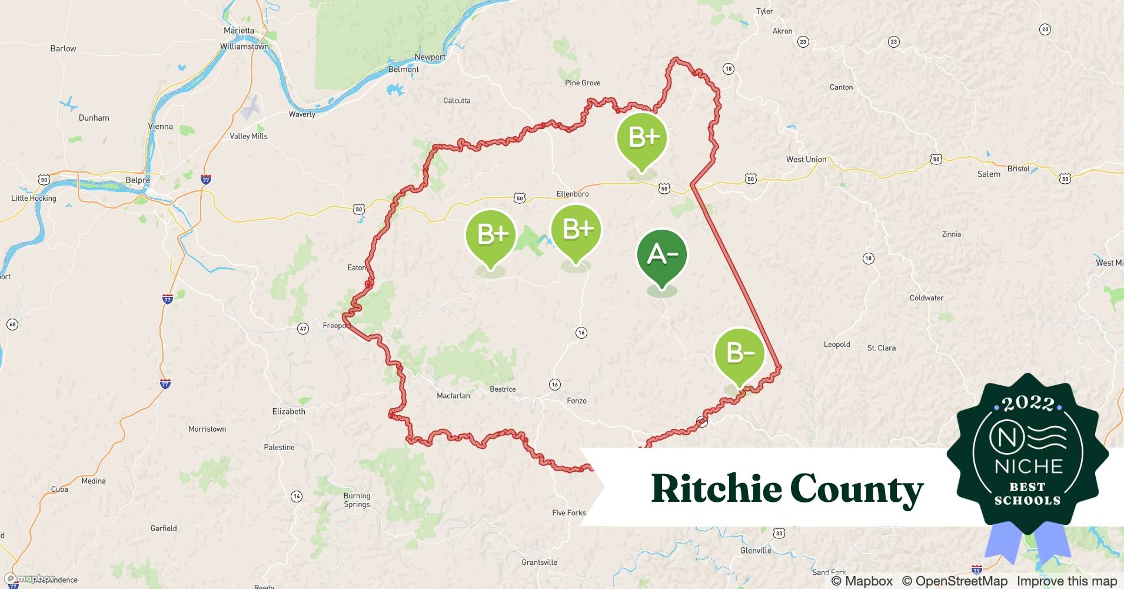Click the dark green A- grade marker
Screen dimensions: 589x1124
tap(662, 255)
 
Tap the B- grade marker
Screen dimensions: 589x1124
tap(739, 353)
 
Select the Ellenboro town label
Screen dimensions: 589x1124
tap(573, 194)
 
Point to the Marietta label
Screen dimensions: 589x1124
tap(239, 31)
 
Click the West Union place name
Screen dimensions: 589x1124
tap(806, 160)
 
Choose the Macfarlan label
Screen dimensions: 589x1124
tap(453, 396)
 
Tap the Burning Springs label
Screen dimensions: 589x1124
tap(357, 500)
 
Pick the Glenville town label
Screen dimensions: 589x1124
tap(756, 551)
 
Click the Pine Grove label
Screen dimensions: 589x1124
tap(583, 83)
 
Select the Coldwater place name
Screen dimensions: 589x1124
tap(926, 298)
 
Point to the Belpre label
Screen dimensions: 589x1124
tap(138, 180)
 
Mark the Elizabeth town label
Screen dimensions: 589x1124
tap(289, 412)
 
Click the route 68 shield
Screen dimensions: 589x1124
tap(12, 325)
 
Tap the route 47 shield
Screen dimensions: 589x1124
tap(303, 329)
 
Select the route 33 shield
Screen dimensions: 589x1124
tap(779, 534)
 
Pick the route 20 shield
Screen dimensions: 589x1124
tap(1045, 29)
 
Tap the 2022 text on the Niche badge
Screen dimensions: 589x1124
tap(1027, 403)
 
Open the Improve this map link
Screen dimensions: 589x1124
tap(1066, 581)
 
